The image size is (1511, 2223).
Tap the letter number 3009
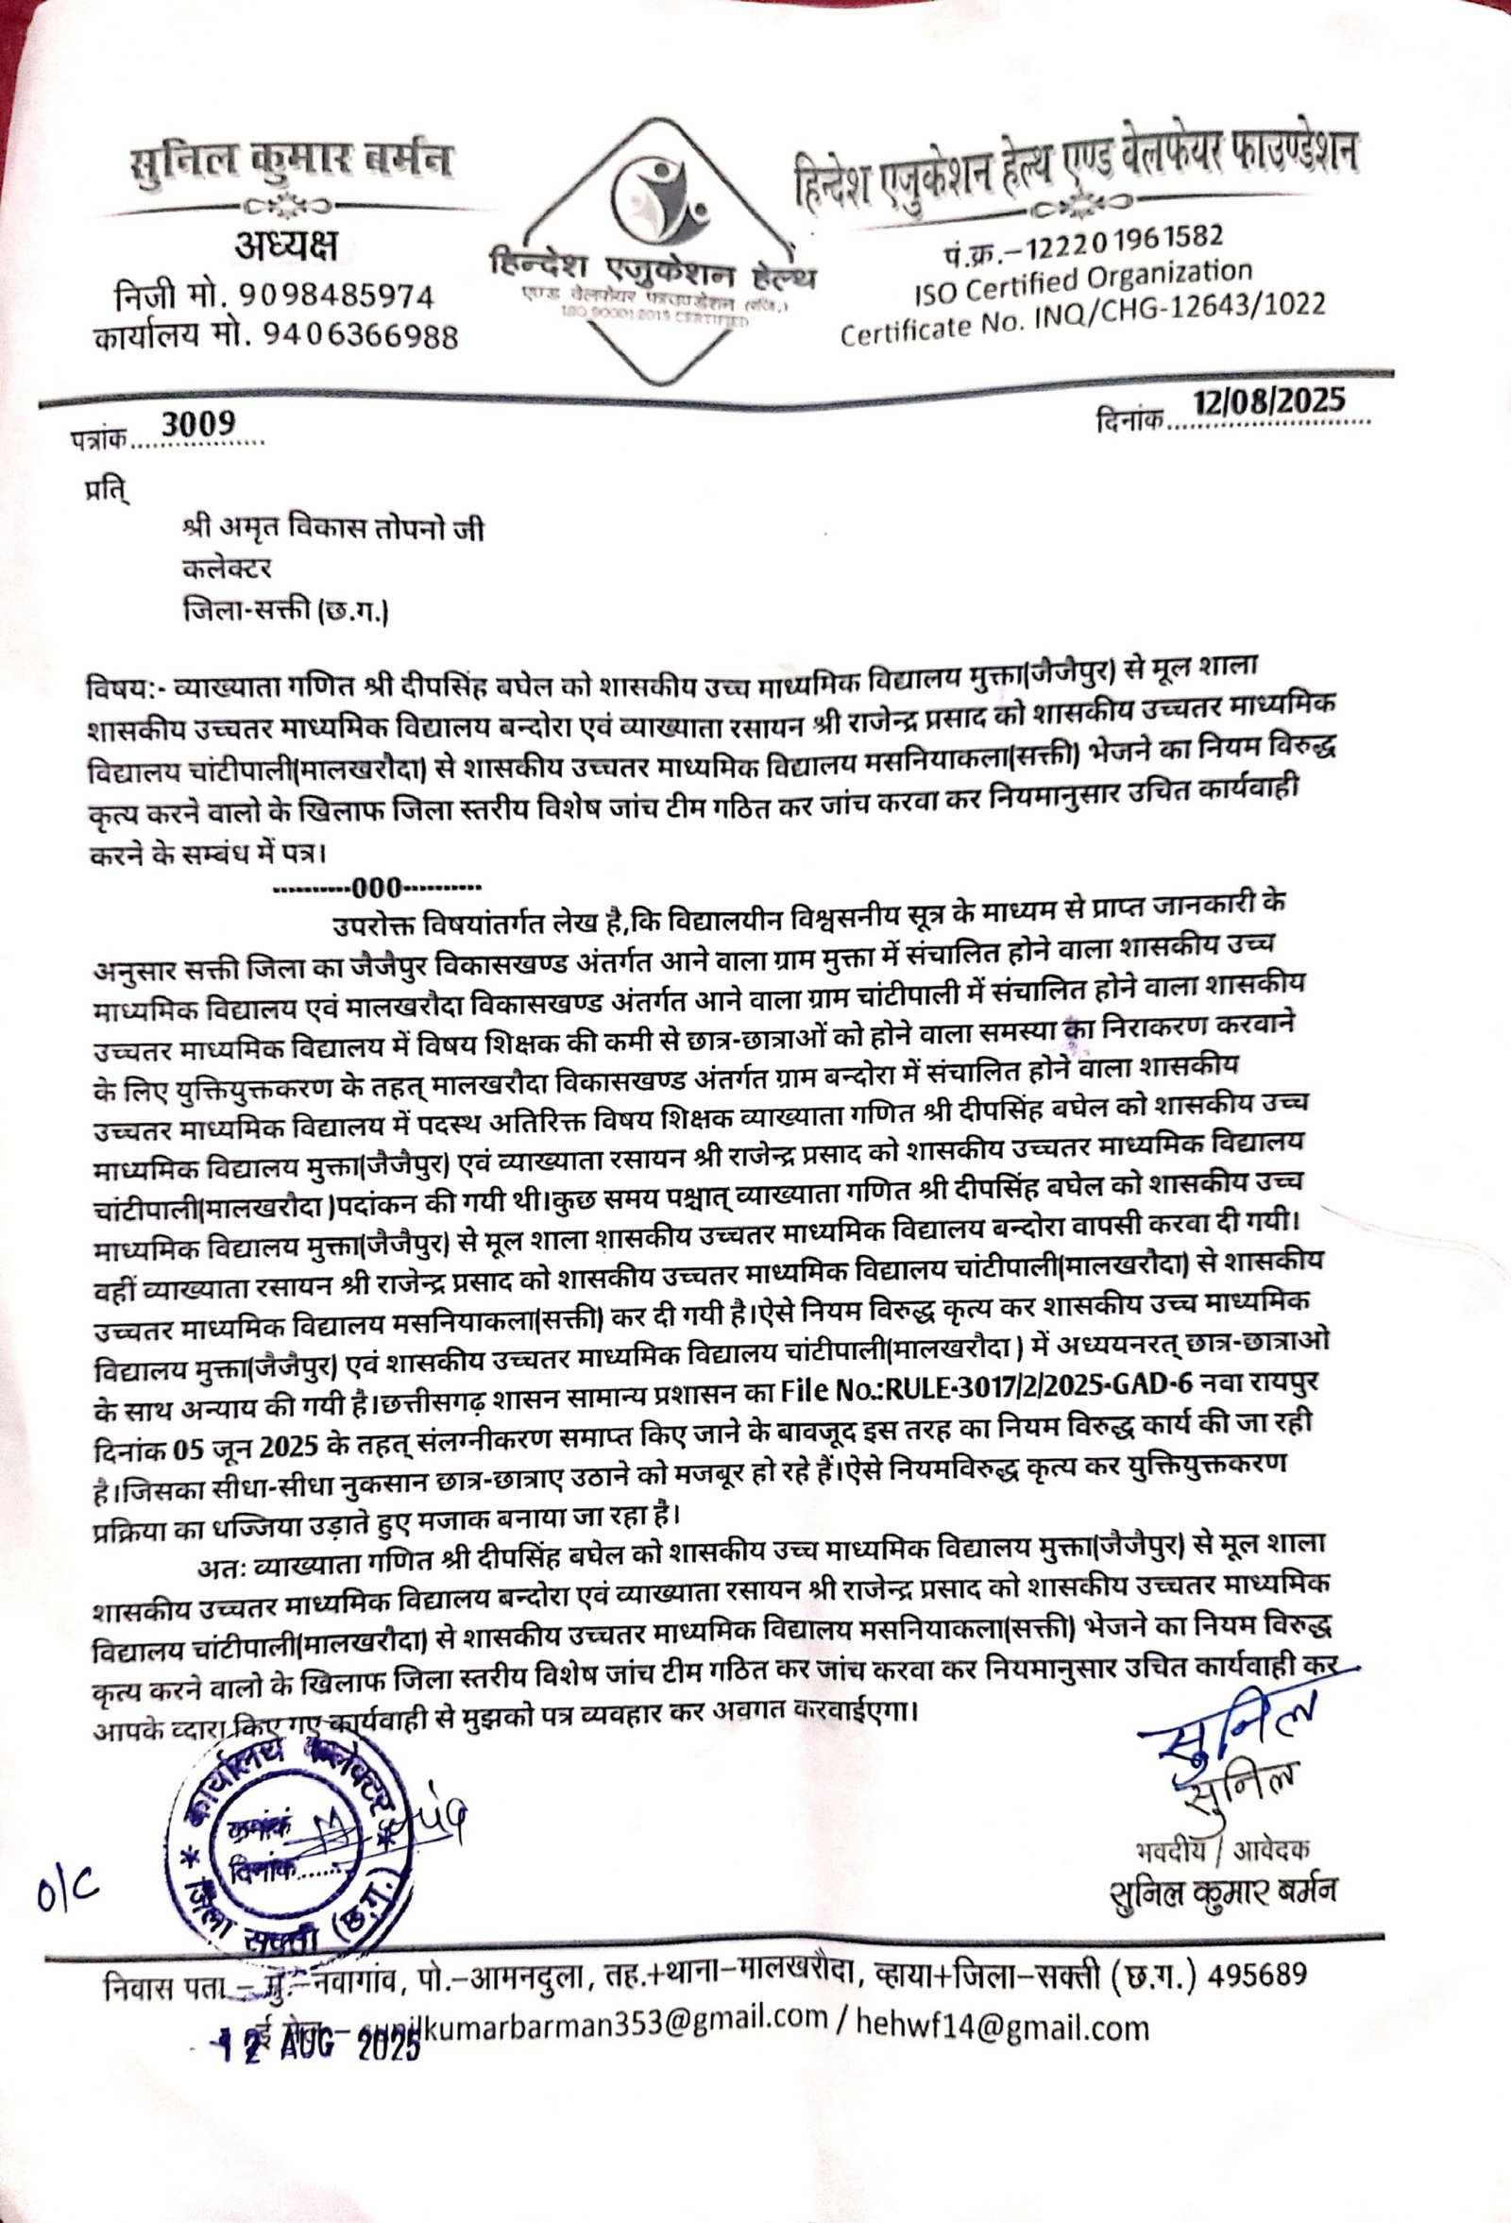coord(198,423)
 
